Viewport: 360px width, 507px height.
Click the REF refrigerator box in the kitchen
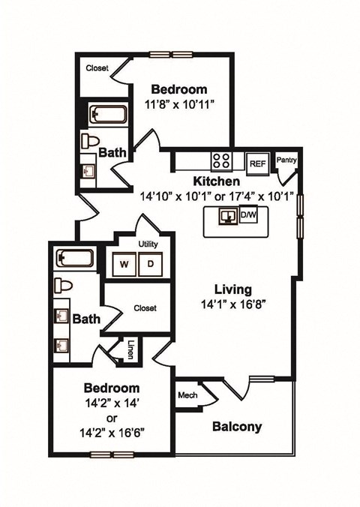257,162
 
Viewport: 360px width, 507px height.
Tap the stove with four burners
222,160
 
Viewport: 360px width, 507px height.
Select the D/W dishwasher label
247,217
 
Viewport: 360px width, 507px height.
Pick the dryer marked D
150,264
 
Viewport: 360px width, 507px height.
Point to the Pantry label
286,160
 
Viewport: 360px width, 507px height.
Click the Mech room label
187,396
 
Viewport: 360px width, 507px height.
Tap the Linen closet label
130,349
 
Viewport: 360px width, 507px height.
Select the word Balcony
237,427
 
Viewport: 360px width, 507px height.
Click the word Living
232,289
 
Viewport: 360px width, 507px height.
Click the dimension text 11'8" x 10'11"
180,104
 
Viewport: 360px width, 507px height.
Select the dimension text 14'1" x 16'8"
232,305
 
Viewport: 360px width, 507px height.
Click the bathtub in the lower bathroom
74,259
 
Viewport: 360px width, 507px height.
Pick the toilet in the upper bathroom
91,141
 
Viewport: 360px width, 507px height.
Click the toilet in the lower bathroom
62,286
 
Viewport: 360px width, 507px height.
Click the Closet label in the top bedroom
97,68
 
